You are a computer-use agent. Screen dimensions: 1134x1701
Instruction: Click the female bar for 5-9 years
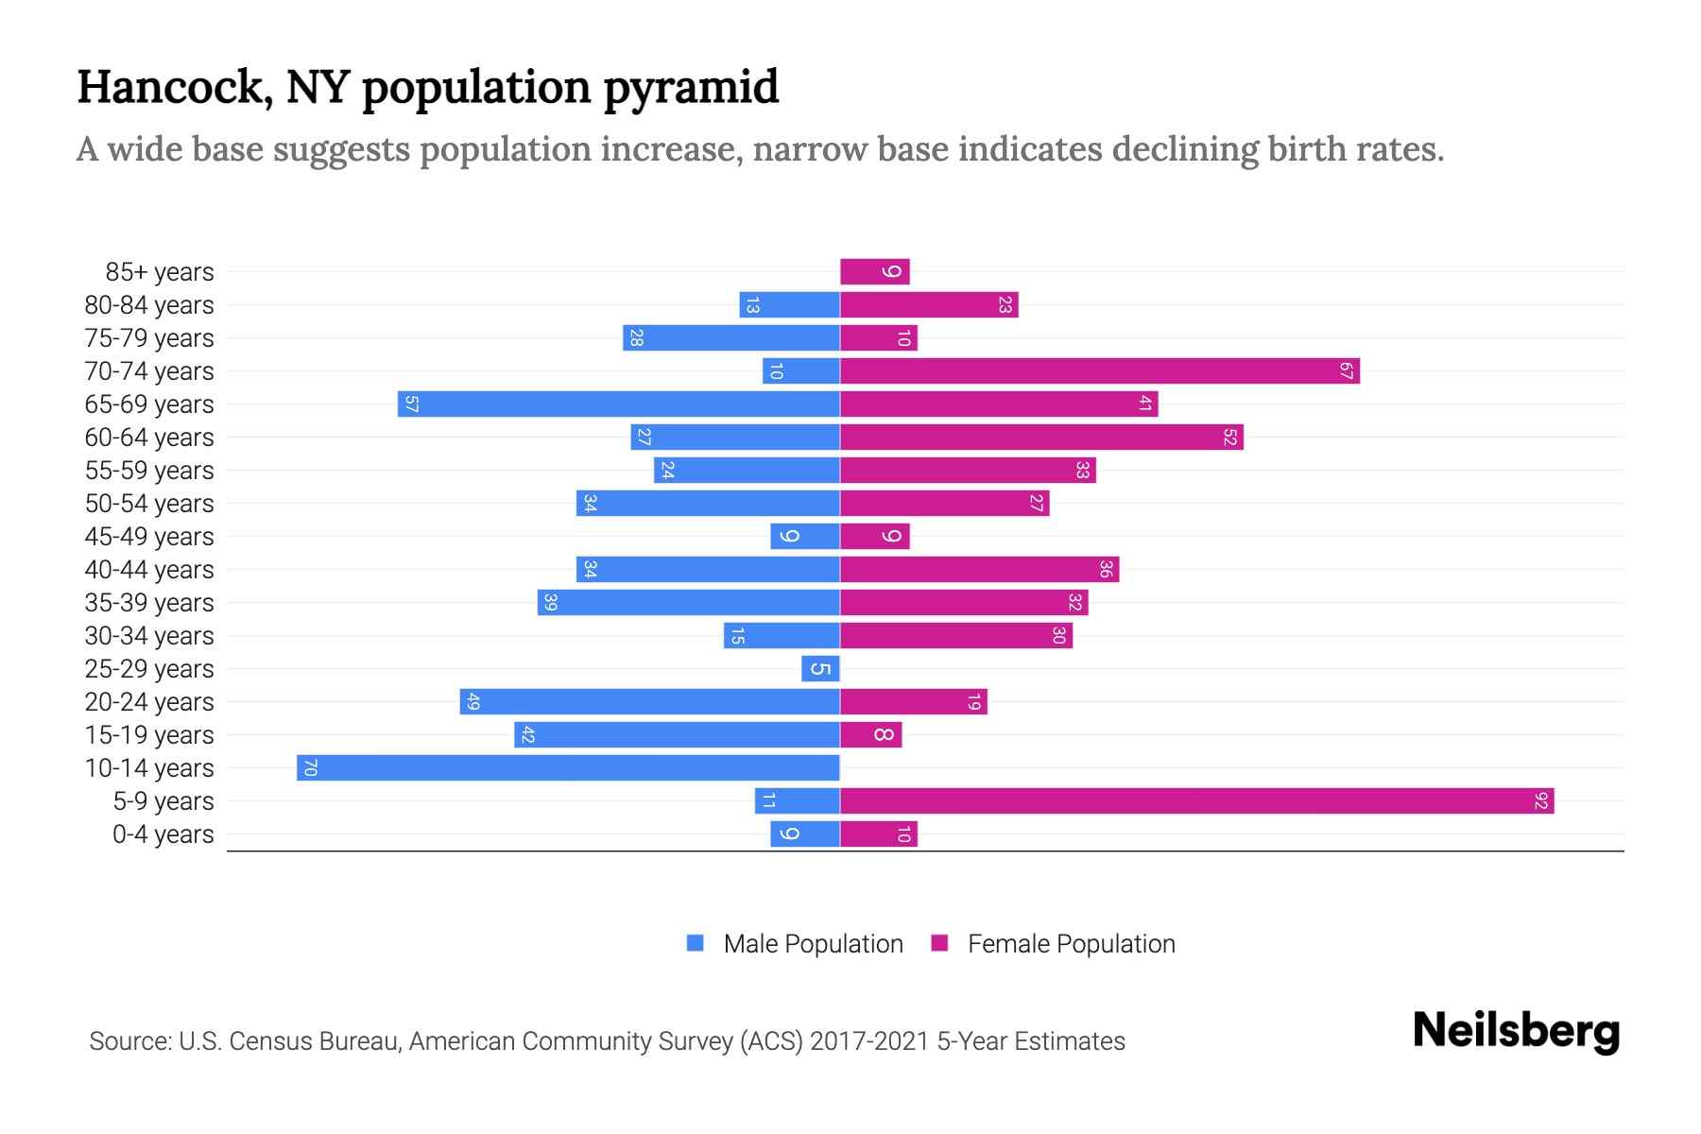pos(1196,801)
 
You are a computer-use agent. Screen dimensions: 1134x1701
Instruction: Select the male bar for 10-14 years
pos(568,768)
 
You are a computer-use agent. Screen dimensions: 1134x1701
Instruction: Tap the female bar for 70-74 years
pos(1099,371)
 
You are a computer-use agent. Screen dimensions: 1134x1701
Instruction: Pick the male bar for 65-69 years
pos(619,404)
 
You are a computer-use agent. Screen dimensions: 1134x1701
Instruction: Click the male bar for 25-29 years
pos(820,669)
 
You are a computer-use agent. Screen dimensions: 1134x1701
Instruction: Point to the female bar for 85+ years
pos(875,272)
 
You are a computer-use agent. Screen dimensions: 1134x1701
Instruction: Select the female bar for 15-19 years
pos(871,735)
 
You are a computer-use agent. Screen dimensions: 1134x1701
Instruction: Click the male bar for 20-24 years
pos(650,702)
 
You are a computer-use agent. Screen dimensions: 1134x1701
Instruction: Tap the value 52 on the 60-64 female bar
pos(1229,438)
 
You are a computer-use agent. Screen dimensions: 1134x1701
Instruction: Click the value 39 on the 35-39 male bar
pos(551,603)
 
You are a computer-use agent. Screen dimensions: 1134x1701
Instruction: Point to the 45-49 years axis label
pos(149,537)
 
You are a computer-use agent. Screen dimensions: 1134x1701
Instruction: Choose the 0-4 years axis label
pos(163,834)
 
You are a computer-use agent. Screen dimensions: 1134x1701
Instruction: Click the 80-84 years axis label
pos(149,305)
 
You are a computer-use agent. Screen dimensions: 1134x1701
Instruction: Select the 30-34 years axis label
pos(149,636)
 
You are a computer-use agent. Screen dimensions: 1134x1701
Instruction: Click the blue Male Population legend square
pos(696,943)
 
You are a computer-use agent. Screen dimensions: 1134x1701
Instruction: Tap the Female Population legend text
pos(1071,944)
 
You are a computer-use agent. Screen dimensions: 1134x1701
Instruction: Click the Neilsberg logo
pos(1516,1031)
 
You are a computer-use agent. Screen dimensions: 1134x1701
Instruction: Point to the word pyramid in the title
pos(691,87)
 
